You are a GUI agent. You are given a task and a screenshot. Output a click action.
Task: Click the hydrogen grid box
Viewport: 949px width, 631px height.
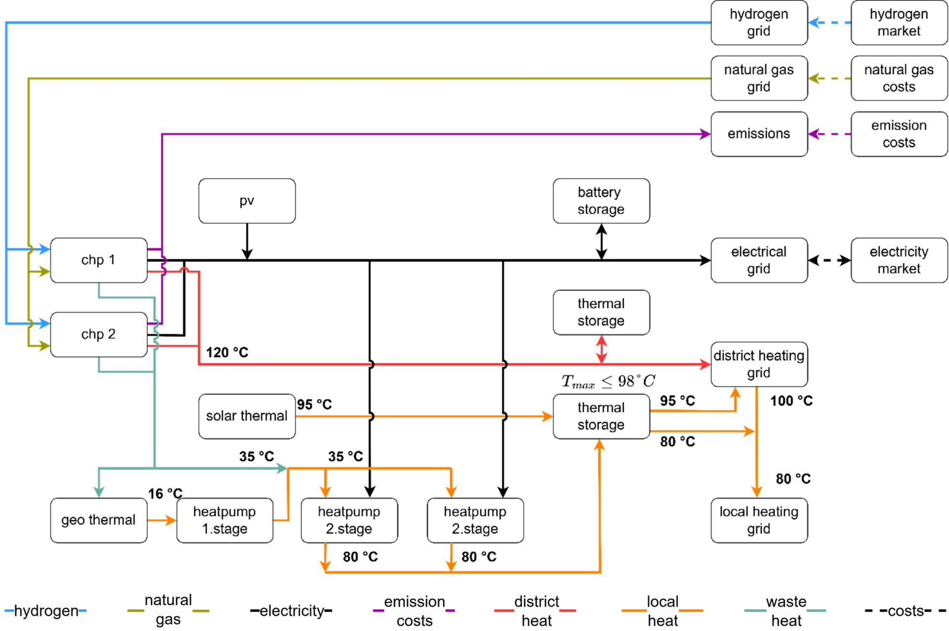click(759, 23)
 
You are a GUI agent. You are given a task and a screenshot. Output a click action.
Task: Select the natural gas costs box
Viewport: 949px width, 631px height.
click(899, 78)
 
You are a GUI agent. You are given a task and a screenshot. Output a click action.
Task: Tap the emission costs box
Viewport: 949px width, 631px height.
click(899, 134)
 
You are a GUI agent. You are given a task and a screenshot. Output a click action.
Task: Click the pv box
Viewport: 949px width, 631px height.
click(247, 201)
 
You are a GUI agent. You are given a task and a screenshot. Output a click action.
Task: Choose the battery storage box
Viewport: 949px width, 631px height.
click(601, 201)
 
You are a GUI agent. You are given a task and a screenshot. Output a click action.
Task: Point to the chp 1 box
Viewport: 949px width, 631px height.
click(98, 260)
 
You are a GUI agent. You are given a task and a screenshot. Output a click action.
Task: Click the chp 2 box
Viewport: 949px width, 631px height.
click(98, 335)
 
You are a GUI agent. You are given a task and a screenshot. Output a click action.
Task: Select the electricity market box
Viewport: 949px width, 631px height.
click(899, 260)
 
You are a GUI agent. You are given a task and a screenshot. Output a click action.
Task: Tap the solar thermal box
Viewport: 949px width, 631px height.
click(247, 416)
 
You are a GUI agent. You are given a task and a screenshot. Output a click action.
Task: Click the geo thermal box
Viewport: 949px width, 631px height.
click(98, 520)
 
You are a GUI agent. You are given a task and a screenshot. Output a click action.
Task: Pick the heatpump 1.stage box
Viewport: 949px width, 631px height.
click(224, 520)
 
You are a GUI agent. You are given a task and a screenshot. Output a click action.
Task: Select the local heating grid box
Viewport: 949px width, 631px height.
click(759, 520)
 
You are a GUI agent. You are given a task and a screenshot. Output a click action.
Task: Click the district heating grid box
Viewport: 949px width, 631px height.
click(759, 364)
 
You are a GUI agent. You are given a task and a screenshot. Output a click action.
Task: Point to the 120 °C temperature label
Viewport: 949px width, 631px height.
click(227, 352)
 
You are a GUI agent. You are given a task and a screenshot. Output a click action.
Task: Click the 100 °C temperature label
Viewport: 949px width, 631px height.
click(791, 401)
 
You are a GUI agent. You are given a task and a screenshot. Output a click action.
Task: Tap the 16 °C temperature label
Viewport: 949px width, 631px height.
click(165, 493)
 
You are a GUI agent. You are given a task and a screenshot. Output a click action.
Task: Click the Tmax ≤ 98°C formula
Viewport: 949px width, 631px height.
click(608, 381)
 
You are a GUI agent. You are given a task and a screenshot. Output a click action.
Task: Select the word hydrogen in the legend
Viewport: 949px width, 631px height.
click(46, 611)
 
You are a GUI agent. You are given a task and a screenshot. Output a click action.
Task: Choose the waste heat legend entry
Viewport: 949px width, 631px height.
click(786, 611)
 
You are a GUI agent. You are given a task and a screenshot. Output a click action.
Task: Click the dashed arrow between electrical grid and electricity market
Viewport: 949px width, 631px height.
click(829, 260)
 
